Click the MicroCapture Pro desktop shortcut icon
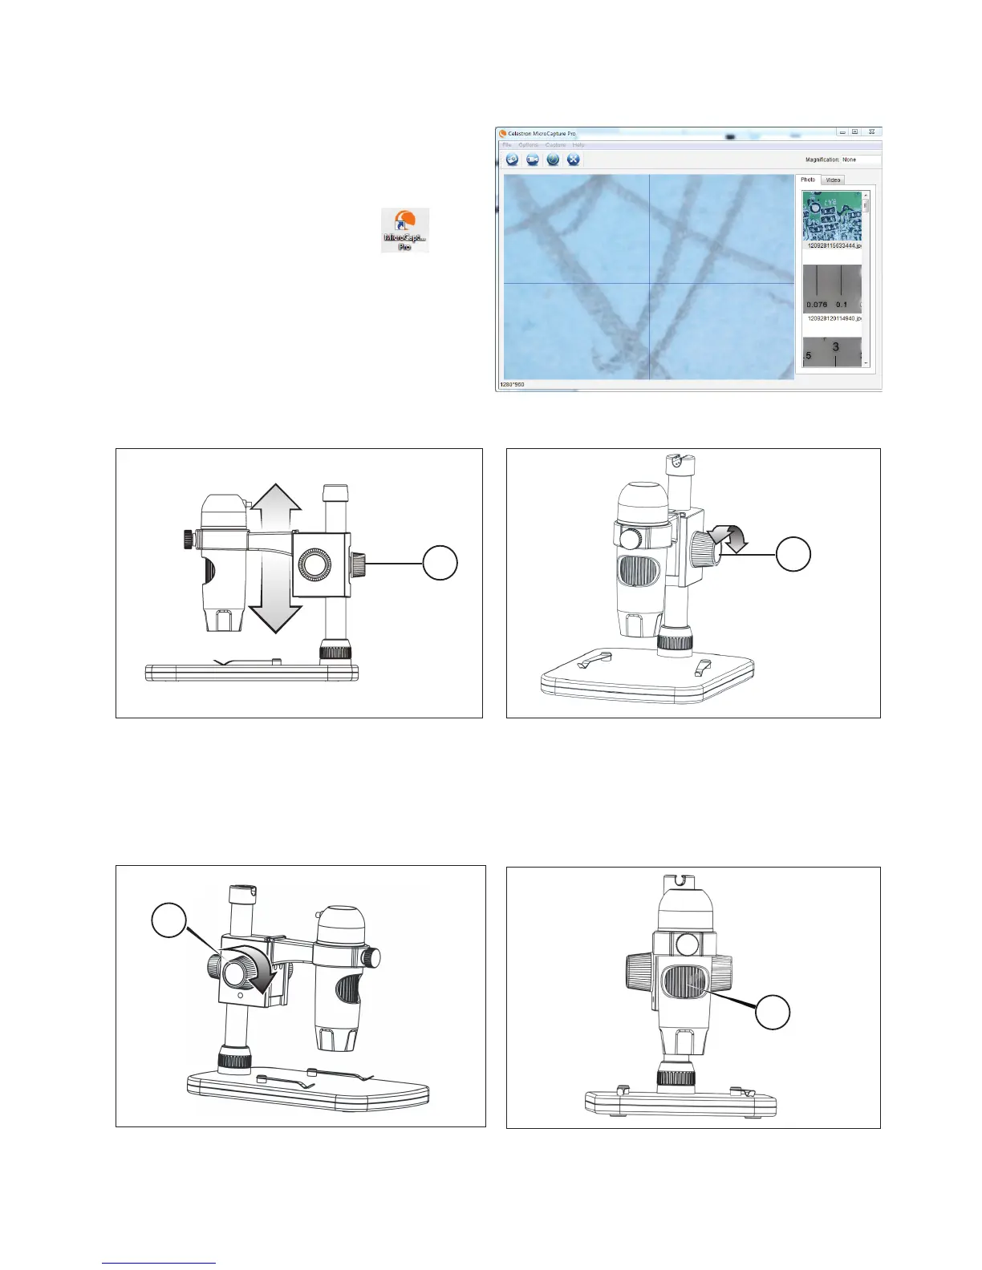tap(405, 229)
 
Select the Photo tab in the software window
tap(808, 180)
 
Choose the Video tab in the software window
tap(834, 180)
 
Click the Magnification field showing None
tap(859, 160)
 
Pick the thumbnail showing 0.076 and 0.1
tap(832, 289)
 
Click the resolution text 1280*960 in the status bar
tap(512, 384)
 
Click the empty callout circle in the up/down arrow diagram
tap(440, 563)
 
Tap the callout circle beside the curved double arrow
tap(793, 555)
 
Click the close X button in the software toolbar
tap(573, 160)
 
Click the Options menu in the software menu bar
tap(528, 145)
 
